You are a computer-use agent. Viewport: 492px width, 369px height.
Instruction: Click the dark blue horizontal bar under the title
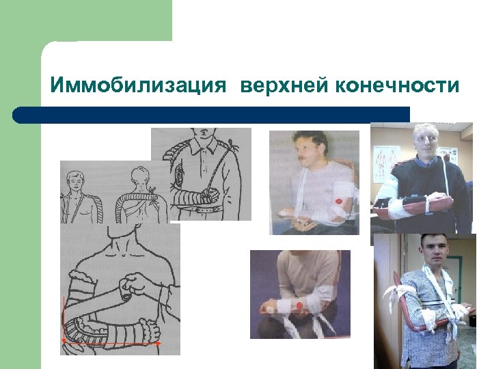pyautogui.click(x=212, y=114)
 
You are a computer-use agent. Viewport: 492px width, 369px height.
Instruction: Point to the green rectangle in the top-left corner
pyautogui.click(x=85, y=20)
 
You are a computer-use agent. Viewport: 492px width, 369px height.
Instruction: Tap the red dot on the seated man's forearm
pyautogui.click(x=299, y=304)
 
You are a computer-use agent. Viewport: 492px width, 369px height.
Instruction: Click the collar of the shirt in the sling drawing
pyautogui.click(x=202, y=141)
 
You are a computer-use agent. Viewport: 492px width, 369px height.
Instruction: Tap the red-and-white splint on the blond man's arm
pyautogui.click(x=410, y=204)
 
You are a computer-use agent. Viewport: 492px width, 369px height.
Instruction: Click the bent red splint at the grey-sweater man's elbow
pyautogui.click(x=399, y=301)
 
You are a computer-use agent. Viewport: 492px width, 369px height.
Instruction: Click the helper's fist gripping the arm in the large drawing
pyautogui.click(x=128, y=288)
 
